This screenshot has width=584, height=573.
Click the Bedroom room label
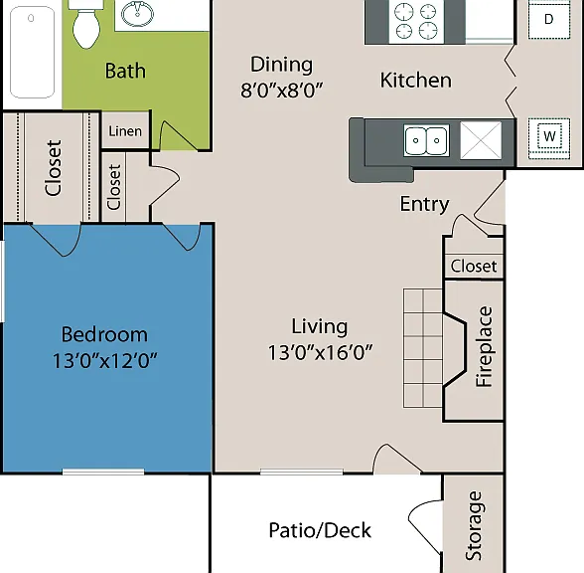(104, 334)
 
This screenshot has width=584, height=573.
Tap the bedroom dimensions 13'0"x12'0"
(104, 361)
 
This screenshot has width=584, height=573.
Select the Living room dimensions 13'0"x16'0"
(320, 352)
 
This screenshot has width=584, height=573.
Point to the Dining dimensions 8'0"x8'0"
(282, 90)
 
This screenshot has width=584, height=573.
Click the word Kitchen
(415, 81)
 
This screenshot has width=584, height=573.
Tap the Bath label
(125, 71)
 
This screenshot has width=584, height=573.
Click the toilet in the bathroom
(86, 24)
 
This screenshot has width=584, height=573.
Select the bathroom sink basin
(137, 14)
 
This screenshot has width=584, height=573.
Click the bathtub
(33, 52)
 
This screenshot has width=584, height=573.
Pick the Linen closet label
(125, 131)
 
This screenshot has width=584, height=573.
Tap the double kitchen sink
(426, 140)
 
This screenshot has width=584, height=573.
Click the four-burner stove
(416, 21)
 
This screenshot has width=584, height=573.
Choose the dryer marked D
(549, 19)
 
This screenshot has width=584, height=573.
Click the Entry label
(425, 204)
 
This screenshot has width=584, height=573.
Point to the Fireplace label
(485, 347)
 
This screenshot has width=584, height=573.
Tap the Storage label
(474, 525)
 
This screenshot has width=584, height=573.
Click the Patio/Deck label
(320, 530)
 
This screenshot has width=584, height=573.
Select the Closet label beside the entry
(474, 267)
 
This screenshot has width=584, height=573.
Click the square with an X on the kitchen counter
(481, 140)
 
